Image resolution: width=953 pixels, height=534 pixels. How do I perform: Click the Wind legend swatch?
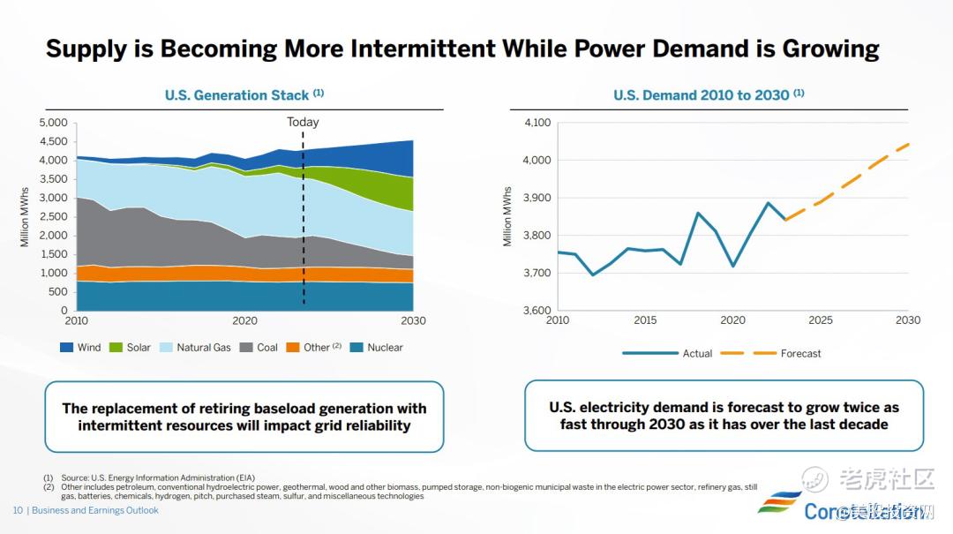click(66, 348)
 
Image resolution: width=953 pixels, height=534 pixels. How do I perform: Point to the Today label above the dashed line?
click(303, 123)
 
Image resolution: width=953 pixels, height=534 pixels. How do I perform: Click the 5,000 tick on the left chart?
click(53, 123)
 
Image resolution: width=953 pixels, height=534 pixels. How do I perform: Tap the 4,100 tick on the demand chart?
click(537, 123)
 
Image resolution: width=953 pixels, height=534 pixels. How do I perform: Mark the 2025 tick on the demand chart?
click(821, 320)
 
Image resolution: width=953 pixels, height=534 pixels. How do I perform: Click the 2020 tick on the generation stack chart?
click(244, 320)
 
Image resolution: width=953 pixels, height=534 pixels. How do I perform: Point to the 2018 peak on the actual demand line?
click(697, 213)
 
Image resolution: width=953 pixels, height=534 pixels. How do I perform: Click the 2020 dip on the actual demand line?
click(732, 266)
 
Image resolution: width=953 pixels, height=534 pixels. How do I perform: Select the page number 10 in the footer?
click(17, 510)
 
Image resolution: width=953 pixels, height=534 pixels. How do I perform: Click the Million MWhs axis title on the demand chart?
click(507, 216)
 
